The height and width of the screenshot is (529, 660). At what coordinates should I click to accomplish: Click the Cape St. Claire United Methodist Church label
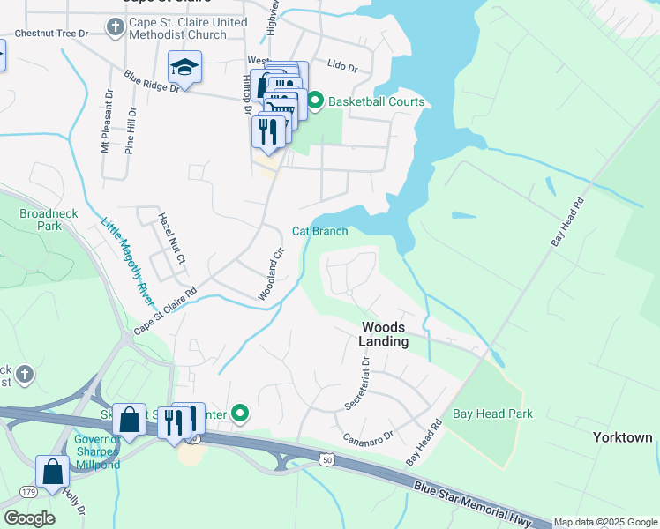pyautogui.click(x=177, y=27)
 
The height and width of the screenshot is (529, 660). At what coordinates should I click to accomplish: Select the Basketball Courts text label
pyautogui.click(x=376, y=101)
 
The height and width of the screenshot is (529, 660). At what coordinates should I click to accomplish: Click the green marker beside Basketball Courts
pyautogui.click(x=314, y=101)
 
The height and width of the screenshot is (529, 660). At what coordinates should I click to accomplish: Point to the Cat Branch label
pyautogui.click(x=319, y=231)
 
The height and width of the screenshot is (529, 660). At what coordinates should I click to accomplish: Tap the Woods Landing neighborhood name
pyautogui.click(x=385, y=334)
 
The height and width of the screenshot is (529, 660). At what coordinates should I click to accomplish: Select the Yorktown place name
pyautogui.click(x=623, y=437)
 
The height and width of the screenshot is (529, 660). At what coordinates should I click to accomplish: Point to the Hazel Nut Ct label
pyautogui.click(x=171, y=238)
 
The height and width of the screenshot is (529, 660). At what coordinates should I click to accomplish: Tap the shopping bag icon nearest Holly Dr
pyautogui.click(x=52, y=473)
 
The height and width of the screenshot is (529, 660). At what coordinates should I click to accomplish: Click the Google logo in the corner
pyautogui.click(x=29, y=518)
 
